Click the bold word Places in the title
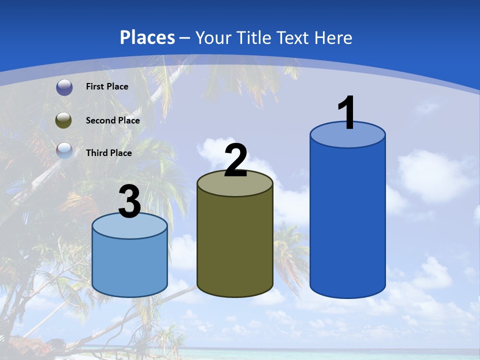coord(147,37)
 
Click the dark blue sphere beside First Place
coord(64,87)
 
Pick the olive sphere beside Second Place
coord(64,120)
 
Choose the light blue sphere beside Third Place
coord(64,150)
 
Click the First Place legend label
coord(107,86)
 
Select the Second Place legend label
coord(112,120)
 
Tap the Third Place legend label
coord(108,153)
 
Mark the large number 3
coord(129,202)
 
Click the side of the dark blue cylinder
coord(347,220)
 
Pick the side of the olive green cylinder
coord(235,245)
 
